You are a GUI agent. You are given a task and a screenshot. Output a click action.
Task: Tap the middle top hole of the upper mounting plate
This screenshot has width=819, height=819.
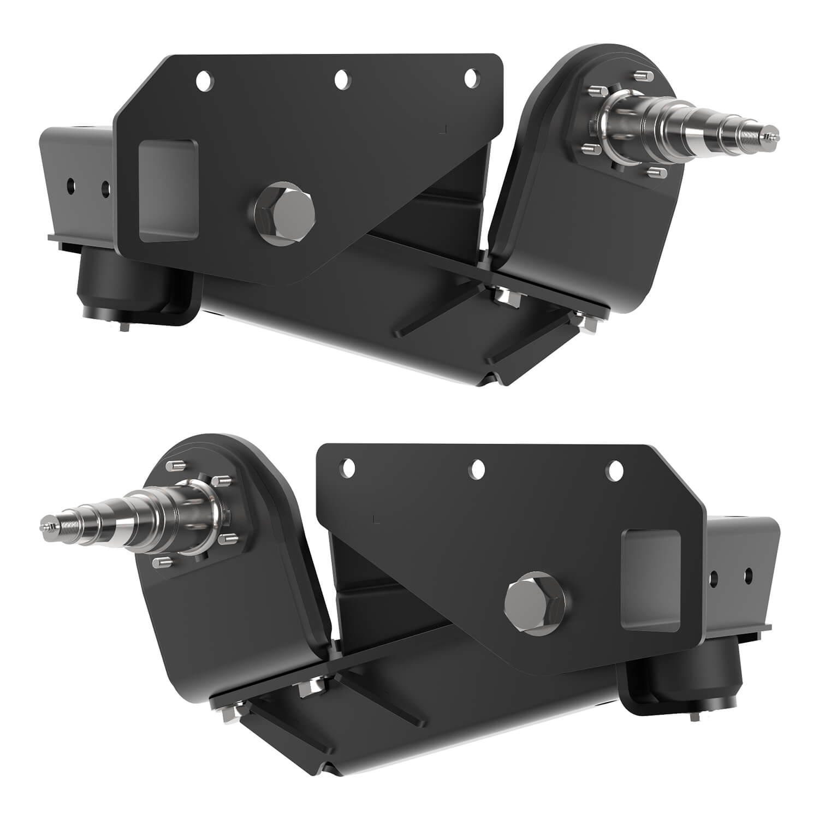tap(342, 79)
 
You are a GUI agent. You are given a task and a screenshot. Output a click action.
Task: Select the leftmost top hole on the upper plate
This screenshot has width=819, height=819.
tap(205, 81)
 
